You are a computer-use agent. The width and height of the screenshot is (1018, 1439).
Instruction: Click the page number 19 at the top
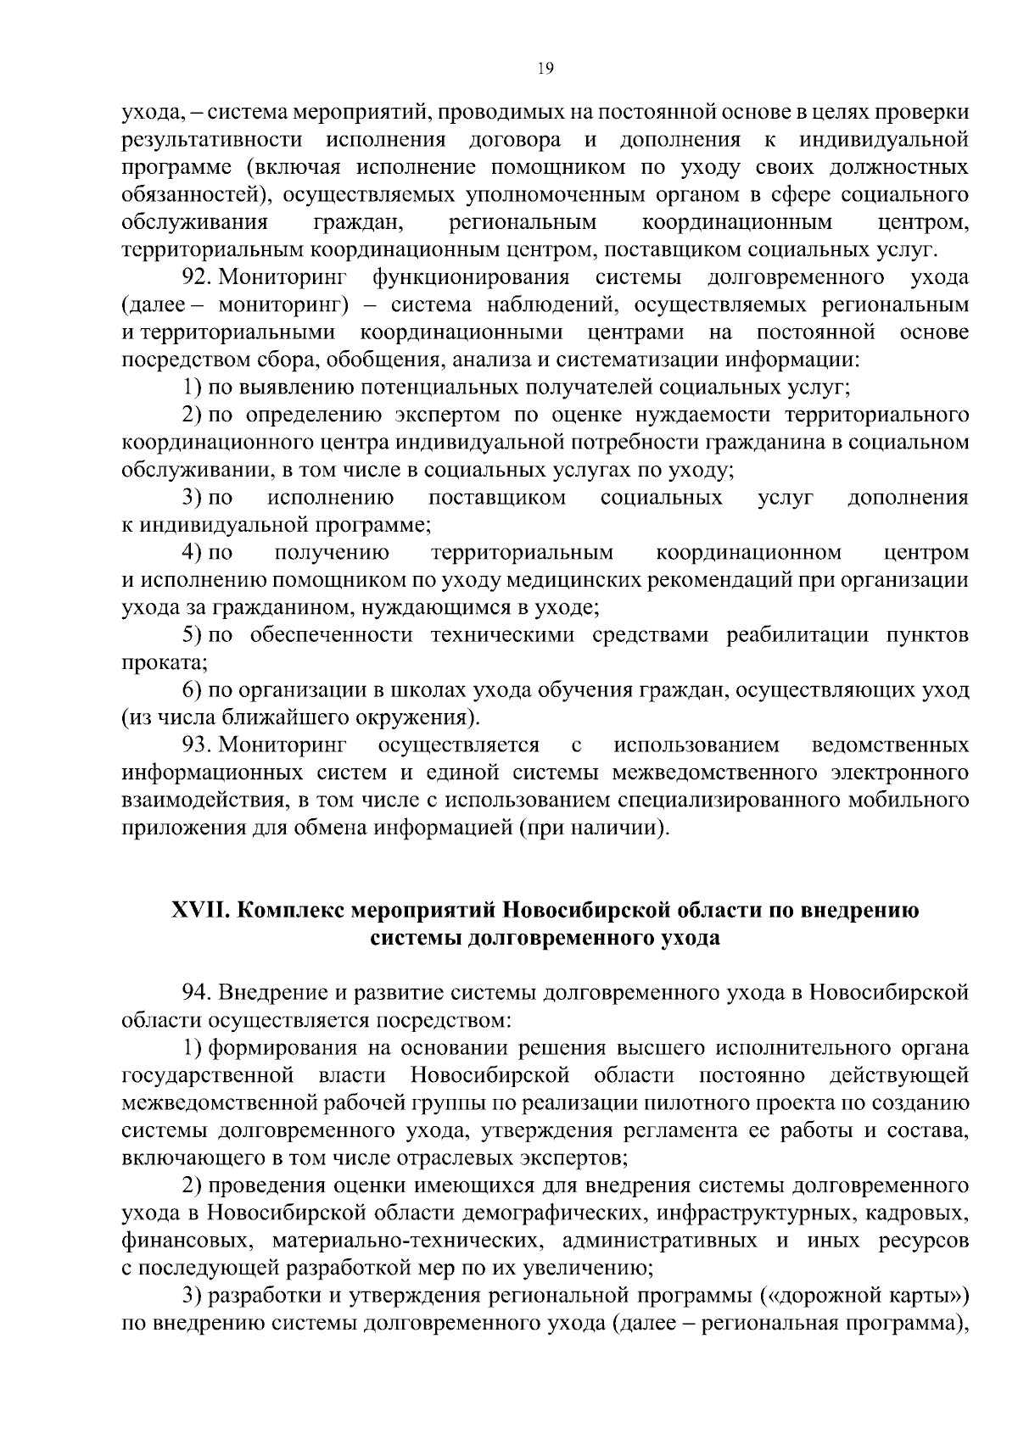point(545,70)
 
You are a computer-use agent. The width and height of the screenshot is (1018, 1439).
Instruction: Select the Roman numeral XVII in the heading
point(200,910)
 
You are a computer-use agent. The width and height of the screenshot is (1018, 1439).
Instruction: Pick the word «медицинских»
point(573,580)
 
